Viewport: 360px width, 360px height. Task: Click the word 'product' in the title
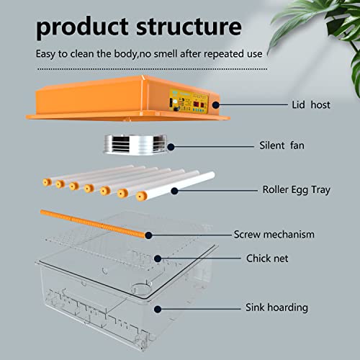click(x=82, y=27)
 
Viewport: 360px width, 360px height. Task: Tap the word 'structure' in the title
click(x=189, y=26)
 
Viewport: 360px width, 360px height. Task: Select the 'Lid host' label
click(x=311, y=105)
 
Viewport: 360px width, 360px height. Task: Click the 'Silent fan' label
click(x=282, y=145)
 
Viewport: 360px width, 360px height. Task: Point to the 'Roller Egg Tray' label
click(x=297, y=190)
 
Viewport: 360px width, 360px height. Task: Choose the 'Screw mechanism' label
click(x=274, y=235)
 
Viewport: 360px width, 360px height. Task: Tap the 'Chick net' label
click(x=267, y=258)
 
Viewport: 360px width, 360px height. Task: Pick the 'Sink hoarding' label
click(x=276, y=307)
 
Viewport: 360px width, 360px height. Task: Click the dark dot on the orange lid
click(x=216, y=105)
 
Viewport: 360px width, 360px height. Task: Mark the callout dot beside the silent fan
click(x=171, y=147)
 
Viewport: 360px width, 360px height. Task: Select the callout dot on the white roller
click(x=174, y=191)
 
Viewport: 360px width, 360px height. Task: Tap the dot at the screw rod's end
click(x=148, y=235)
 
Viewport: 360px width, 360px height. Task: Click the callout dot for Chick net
click(x=158, y=258)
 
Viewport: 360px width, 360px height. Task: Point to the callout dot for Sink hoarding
click(x=158, y=309)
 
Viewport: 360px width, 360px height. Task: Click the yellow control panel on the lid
click(x=189, y=101)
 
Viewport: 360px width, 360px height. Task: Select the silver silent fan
click(x=135, y=144)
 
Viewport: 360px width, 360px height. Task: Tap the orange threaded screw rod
click(x=93, y=224)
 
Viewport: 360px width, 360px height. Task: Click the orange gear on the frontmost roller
click(x=141, y=196)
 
